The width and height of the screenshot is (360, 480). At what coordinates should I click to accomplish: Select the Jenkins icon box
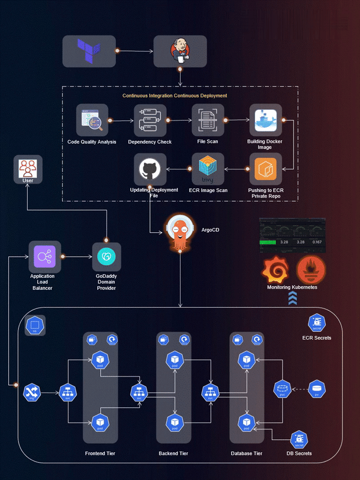pos(180,51)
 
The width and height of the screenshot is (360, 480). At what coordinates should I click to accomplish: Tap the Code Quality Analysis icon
pos(92,120)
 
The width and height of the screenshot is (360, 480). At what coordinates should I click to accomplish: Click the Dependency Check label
pos(149,142)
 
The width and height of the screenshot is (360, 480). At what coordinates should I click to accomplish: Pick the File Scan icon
pos(208,119)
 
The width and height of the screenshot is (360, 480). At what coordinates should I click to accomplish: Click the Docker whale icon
pos(265,120)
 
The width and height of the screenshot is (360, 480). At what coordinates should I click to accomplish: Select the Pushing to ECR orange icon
pos(265,169)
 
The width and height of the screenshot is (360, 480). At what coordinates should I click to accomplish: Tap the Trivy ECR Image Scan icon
pos(208,169)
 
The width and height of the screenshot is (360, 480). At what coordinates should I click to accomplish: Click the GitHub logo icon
pos(149,169)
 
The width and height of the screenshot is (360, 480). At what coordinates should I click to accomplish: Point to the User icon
pos(28,167)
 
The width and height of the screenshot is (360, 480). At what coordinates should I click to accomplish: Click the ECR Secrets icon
pos(316,323)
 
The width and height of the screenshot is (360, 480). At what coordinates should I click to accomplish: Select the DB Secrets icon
pos(299,440)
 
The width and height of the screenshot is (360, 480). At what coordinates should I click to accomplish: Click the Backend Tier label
pos(173,454)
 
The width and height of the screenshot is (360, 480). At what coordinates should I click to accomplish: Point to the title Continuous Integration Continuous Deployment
pos(175,95)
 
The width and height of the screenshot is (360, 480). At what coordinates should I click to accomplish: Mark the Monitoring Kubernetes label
pos(292,287)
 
